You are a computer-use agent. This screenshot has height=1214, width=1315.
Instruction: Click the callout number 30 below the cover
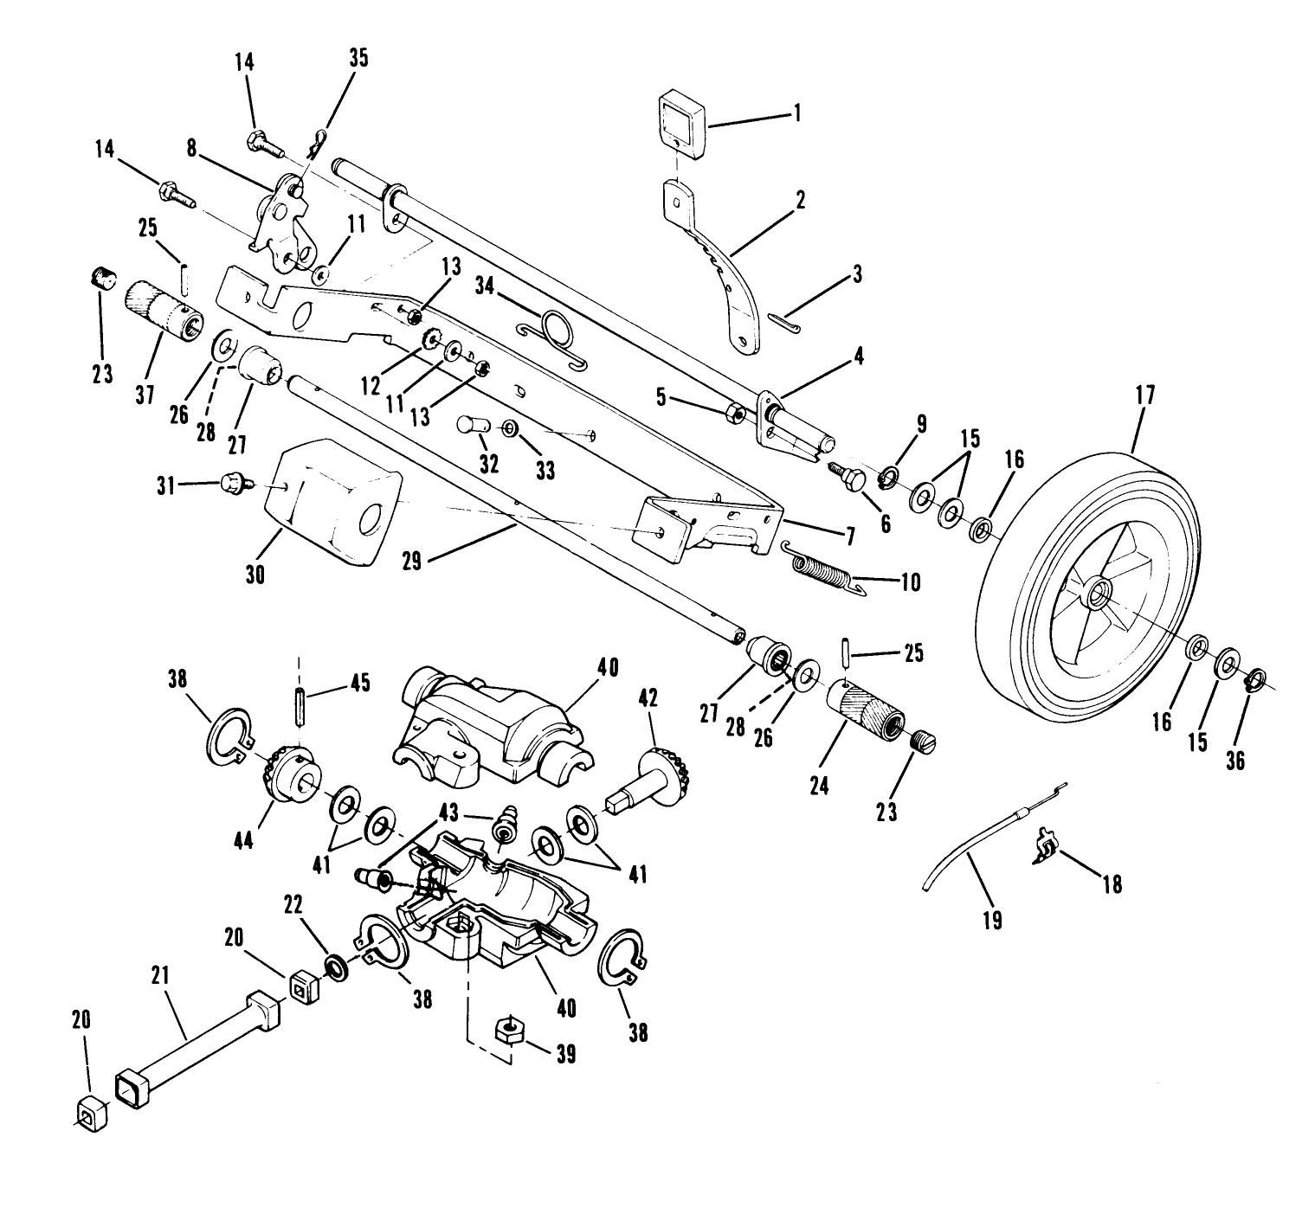[x=255, y=575]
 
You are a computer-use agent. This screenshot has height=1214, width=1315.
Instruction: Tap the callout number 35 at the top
[x=358, y=58]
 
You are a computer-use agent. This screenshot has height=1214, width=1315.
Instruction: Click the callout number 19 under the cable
[x=993, y=920]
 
